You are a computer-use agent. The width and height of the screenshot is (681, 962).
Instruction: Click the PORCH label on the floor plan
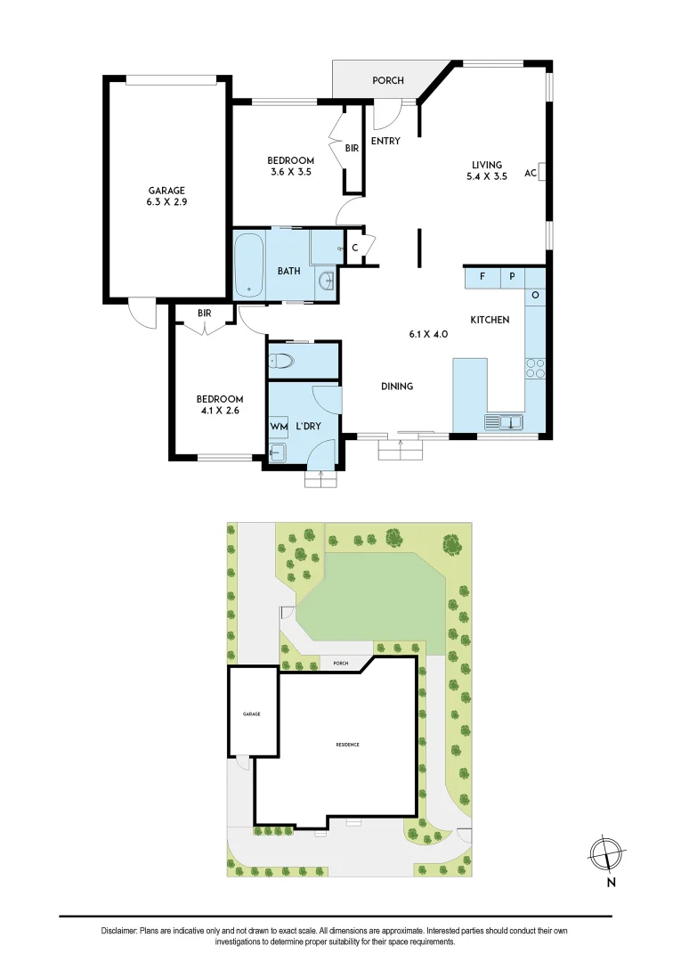387,81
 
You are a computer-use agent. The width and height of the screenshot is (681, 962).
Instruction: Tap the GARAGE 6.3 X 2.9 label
167,196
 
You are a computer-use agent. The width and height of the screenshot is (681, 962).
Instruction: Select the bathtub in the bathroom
249,265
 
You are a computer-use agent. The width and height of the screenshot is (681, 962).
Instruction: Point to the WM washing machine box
279,427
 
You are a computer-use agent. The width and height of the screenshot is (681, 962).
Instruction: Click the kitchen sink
505,421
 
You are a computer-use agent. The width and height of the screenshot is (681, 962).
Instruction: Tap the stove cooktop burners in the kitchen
535,368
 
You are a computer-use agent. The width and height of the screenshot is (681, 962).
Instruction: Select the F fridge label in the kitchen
482,277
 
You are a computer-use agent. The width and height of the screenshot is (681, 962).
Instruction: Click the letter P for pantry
512,277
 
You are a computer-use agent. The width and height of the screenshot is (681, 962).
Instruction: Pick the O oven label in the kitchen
536,295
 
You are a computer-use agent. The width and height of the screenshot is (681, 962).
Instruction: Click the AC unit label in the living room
530,173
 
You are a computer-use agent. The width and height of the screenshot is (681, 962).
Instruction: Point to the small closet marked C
355,248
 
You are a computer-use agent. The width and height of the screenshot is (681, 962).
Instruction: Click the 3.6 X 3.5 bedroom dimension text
290,172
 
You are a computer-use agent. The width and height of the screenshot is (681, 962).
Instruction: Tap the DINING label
397,387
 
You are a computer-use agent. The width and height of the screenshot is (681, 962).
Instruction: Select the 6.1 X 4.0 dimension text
427,334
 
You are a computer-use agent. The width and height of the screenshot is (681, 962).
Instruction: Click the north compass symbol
605,852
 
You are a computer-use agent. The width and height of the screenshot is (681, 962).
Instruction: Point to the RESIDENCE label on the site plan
347,745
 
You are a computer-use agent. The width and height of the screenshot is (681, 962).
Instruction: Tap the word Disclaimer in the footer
119,931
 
